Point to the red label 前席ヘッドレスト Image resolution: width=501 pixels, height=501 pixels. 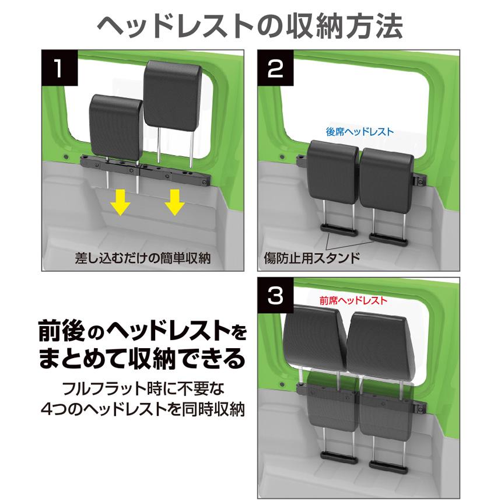click(353, 302)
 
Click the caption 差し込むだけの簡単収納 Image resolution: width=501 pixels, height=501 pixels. click(142, 257)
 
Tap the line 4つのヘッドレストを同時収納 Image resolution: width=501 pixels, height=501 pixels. click(143, 408)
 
